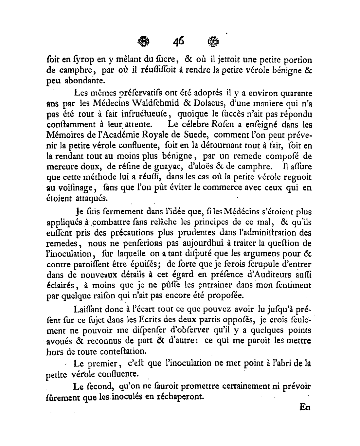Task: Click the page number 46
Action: point(179,42)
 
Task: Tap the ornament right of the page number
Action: point(213,42)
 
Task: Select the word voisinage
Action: point(70,188)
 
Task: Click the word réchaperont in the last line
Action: point(179,397)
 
